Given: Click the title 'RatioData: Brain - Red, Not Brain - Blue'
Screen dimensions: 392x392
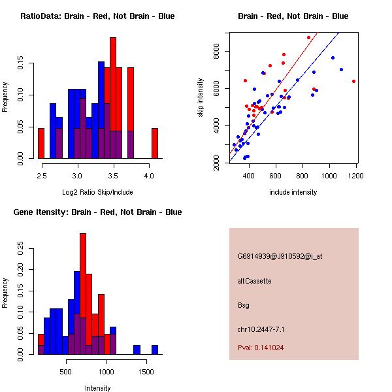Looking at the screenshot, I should [x=97, y=16].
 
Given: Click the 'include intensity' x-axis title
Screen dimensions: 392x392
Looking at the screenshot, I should [x=293, y=192].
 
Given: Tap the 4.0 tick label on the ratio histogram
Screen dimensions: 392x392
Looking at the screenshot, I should [x=148, y=176].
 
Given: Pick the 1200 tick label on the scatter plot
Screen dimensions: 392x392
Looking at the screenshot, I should [x=357, y=176].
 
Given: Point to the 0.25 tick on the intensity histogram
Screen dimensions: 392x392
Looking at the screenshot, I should [x=22, y=248].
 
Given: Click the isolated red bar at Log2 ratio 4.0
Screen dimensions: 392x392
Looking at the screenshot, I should [x=155, y=143].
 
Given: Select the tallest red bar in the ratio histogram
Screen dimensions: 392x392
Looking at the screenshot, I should [x=113, y=98].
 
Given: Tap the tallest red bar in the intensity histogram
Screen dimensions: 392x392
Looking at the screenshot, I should [x=82, y=294].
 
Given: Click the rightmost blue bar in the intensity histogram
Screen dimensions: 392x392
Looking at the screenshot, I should [x=155, y=350].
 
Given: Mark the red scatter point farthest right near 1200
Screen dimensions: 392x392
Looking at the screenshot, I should [x=353, y=81].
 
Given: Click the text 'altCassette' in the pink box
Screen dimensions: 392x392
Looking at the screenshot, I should [x=254, y=281].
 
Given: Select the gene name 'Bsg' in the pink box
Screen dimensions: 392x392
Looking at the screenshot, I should [x=244, y=305].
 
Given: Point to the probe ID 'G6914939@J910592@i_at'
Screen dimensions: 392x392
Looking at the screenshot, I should [x=280, y=256].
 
